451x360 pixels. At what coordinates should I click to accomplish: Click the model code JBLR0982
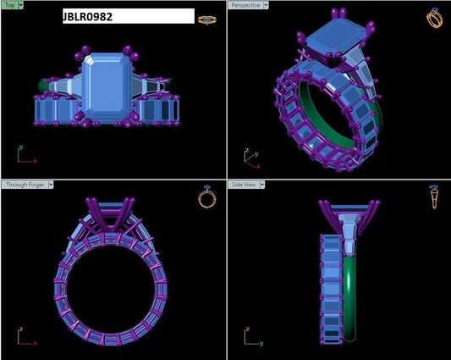pos(87,17)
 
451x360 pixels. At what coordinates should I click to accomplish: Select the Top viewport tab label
pos(10,5)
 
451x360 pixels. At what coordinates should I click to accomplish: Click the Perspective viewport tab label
pos(245,5)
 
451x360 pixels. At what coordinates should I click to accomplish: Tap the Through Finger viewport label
pos(25,185)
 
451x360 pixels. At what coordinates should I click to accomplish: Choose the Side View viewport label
pos(244,185)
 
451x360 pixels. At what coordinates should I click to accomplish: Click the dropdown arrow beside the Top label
pos(20,5)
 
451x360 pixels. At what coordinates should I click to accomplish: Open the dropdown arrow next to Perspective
pos(266,5)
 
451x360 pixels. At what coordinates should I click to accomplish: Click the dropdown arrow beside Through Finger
pos(51,185)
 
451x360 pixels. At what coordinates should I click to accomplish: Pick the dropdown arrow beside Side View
pos(262,185)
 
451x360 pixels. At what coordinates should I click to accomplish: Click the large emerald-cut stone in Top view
pos(107,87)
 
